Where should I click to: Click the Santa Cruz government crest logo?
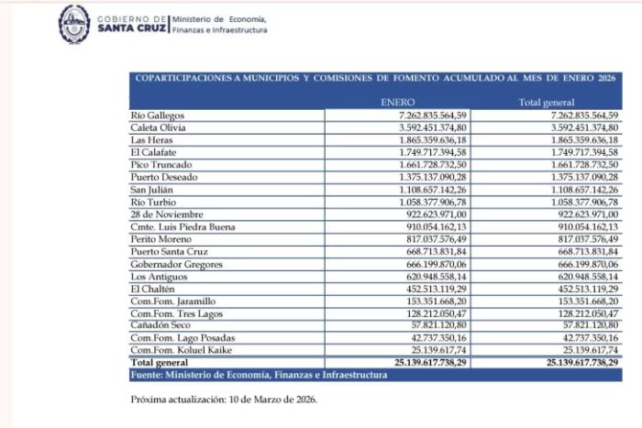click(x=74, y=23)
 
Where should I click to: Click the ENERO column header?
click(x=397, y=103)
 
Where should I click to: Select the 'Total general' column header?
click(x=547, y=103)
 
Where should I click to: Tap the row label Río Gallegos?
click(x=158, y=115)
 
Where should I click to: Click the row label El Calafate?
click(x=153, y=152)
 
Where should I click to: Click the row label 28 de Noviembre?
click(x=165, y=214)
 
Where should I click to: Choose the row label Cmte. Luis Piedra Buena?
click(x=183, y=226)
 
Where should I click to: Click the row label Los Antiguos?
click(x=156, y=276)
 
